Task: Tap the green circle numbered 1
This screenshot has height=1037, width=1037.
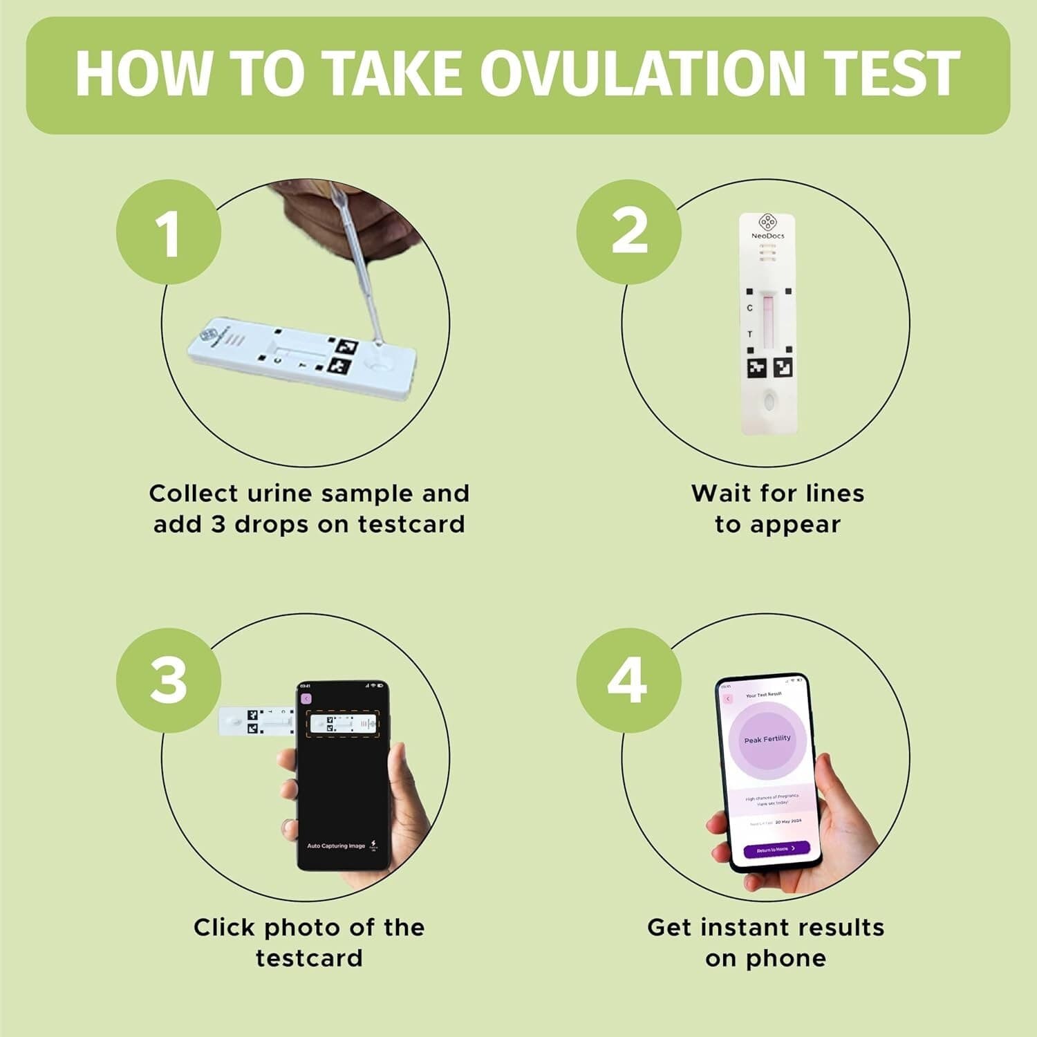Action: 169,232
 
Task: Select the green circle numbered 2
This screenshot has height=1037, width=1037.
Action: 628,232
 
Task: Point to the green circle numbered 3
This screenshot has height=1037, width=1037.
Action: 169,680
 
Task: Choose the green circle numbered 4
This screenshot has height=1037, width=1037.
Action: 628,680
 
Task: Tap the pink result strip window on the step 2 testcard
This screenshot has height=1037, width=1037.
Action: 768,317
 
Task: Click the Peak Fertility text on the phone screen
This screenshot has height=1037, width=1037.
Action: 767,739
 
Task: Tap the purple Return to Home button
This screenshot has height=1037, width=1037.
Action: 776,848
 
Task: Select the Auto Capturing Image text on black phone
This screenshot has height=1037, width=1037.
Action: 336,846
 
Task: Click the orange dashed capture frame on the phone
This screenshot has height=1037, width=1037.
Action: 343,724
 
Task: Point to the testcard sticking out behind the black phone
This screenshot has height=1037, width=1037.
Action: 252,720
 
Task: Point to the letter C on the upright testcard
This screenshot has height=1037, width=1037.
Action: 749,308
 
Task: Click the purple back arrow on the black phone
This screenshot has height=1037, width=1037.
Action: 306,699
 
